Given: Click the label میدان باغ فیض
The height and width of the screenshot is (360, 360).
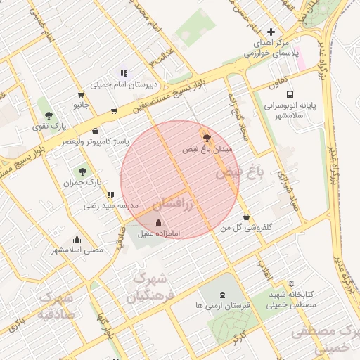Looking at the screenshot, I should point(207,150).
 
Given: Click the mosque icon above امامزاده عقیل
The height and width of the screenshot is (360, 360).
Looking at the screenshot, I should point(157,222).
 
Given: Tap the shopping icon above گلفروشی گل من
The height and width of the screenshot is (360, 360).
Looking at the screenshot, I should point(246,217).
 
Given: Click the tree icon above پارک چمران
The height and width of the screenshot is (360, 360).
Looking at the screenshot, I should point(83,172).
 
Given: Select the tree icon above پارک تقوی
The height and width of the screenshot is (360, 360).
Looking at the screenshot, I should point(49,115).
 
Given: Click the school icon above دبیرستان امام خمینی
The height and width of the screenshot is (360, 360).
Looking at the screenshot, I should point(124,72).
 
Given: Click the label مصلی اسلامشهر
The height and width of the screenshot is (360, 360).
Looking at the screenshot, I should point(77,250).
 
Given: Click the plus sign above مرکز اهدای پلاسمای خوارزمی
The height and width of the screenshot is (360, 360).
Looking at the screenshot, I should point(271,32).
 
